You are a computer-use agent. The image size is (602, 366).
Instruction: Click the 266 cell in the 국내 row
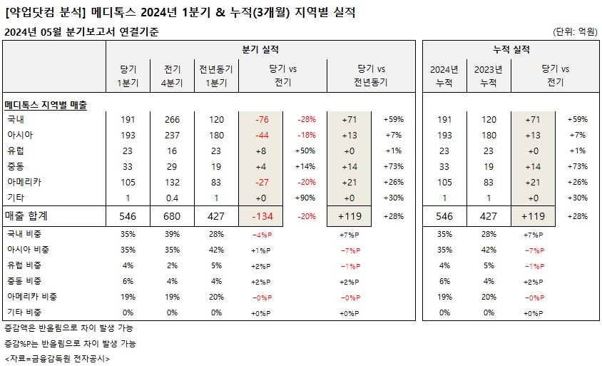click(172, 119)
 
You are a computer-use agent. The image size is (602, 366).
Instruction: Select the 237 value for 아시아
click(172, 135)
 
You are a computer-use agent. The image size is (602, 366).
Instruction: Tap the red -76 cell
click(262, 119)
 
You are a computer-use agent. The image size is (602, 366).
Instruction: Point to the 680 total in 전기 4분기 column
click(172, 216)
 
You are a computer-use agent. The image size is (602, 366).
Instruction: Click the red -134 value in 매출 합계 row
click(262, 216)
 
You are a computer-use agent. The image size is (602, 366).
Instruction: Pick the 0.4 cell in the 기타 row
click(172, 198)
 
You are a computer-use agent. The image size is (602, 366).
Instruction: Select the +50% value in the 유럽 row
click(305, 151)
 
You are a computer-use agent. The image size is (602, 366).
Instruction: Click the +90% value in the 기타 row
click(305, 198)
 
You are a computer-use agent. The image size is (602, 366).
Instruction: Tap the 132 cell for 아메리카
click(172, 182)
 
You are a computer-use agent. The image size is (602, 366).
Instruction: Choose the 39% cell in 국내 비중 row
click(172, 234)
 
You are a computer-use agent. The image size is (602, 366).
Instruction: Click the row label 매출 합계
click(26, 216)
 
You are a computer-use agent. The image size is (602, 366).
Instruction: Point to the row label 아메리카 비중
click(32, 297)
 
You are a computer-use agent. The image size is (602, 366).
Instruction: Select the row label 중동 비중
click(24, 281)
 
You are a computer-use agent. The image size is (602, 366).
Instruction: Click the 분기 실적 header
click(260, 49)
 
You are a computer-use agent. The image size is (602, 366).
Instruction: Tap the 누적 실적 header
click(511, 49)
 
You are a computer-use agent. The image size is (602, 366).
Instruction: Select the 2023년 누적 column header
click(489, 76)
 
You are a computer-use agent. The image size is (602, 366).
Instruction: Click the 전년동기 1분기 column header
click(216, 76)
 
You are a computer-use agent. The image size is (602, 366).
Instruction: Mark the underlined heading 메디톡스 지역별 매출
click(46, 105)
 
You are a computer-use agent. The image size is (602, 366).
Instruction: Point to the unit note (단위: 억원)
click(575, 31)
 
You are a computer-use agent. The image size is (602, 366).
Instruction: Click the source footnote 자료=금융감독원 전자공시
click(57, 359)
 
